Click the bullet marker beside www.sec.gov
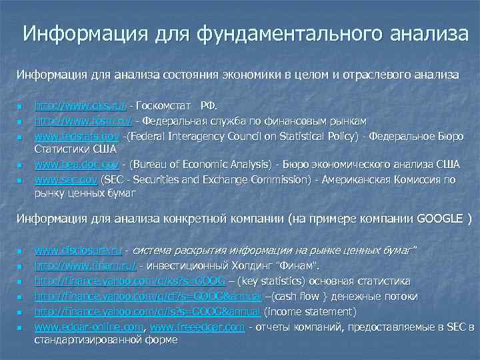point(21,181)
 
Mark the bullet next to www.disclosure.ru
point(21,251)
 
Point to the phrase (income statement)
point(311,311)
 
